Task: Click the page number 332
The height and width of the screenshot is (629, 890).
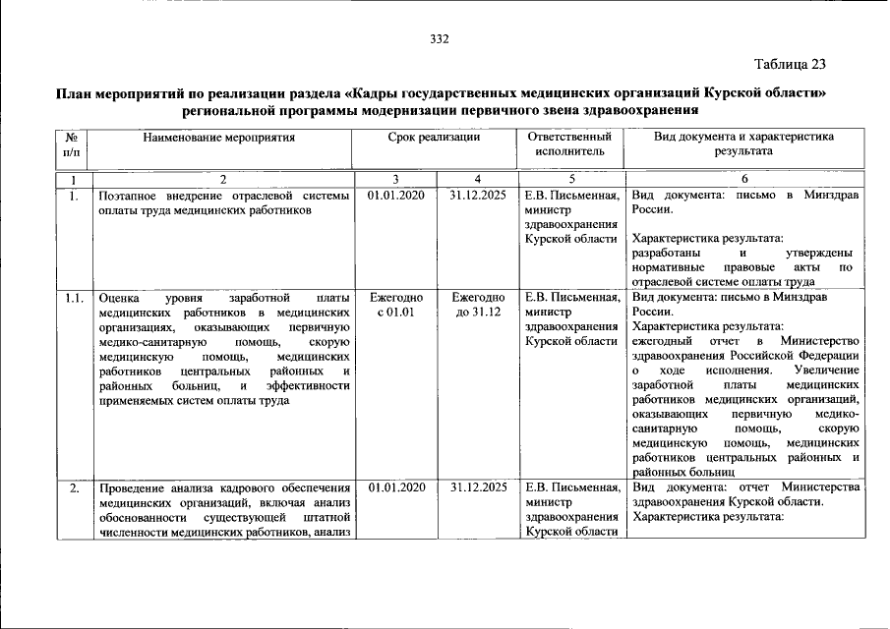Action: (x=439, y=38)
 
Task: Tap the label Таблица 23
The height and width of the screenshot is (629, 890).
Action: (x=791, y=65)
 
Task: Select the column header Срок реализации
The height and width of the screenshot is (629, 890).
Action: (x=434, y=138)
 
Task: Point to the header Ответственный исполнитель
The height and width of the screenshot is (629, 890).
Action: (x=569, y=144)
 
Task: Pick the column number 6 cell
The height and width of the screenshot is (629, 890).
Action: (x=743, y=179)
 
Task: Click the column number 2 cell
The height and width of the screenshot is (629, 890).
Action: (x=222, y=179)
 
